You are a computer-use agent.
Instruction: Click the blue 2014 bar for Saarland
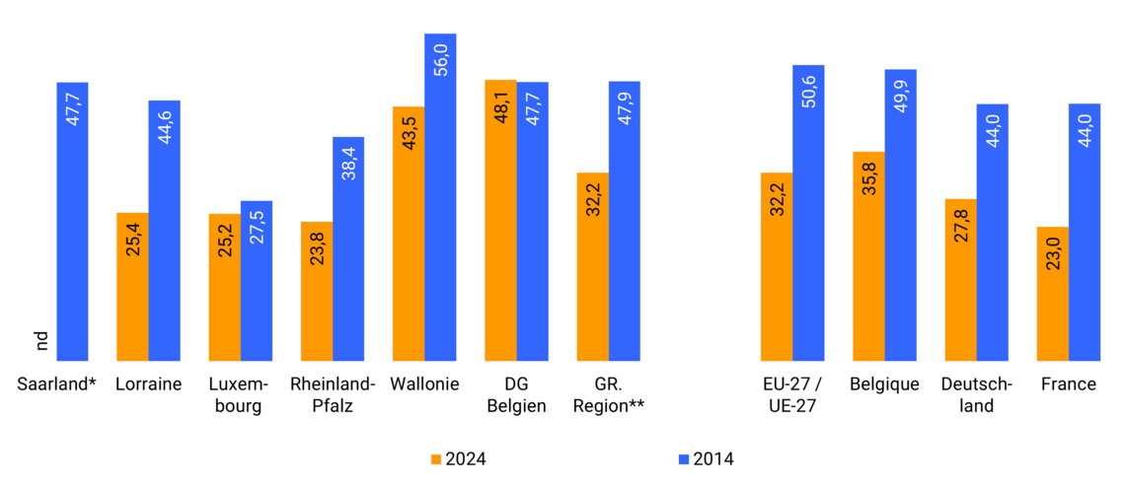click(x=72, y=222)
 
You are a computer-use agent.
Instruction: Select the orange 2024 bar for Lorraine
click(x=132, y=287)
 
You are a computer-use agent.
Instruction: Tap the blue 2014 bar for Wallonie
click(x=440, y=197)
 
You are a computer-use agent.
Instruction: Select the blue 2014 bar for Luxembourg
click(x=257, y=281)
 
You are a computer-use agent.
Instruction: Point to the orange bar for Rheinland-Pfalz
click(x=317, y=292)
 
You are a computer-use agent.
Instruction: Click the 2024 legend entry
click(x=459, y=458)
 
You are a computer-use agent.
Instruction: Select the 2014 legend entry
click(x=707, y=458)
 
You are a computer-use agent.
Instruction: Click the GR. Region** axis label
click(x=609, y=394)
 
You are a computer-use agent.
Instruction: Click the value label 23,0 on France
click(x=1053, y=252)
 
